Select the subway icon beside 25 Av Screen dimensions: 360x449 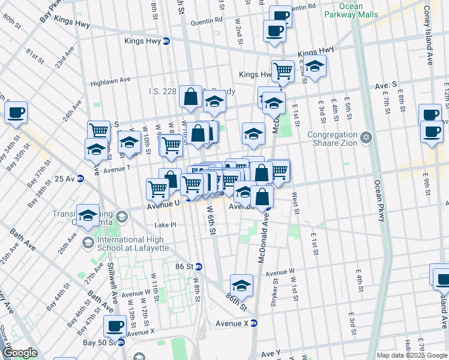80,179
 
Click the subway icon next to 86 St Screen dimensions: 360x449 198,266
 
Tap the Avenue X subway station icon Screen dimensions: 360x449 253,323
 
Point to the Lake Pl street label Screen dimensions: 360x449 166,225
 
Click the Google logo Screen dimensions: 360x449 20,353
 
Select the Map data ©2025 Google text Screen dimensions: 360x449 412,355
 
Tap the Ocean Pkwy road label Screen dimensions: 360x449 379,201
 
